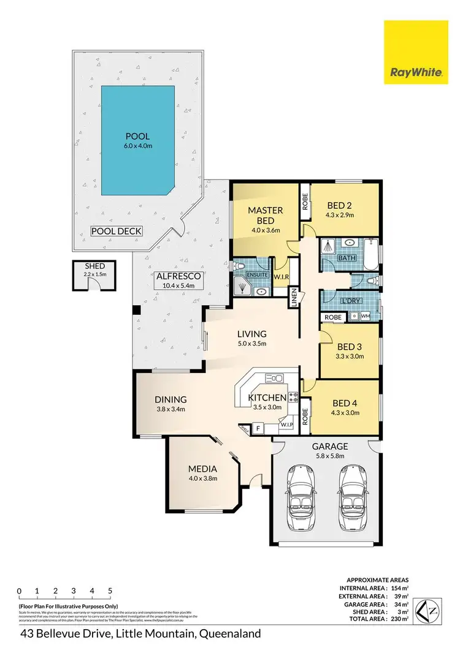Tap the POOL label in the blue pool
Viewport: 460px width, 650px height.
point(137,135)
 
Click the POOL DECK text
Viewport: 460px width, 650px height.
point(117,231)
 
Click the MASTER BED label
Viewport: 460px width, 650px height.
point(265,215)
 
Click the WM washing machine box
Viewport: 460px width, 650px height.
point(366,316)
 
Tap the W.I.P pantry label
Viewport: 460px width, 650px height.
point(286,425)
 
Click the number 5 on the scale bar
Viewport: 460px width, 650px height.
point(110,591)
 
